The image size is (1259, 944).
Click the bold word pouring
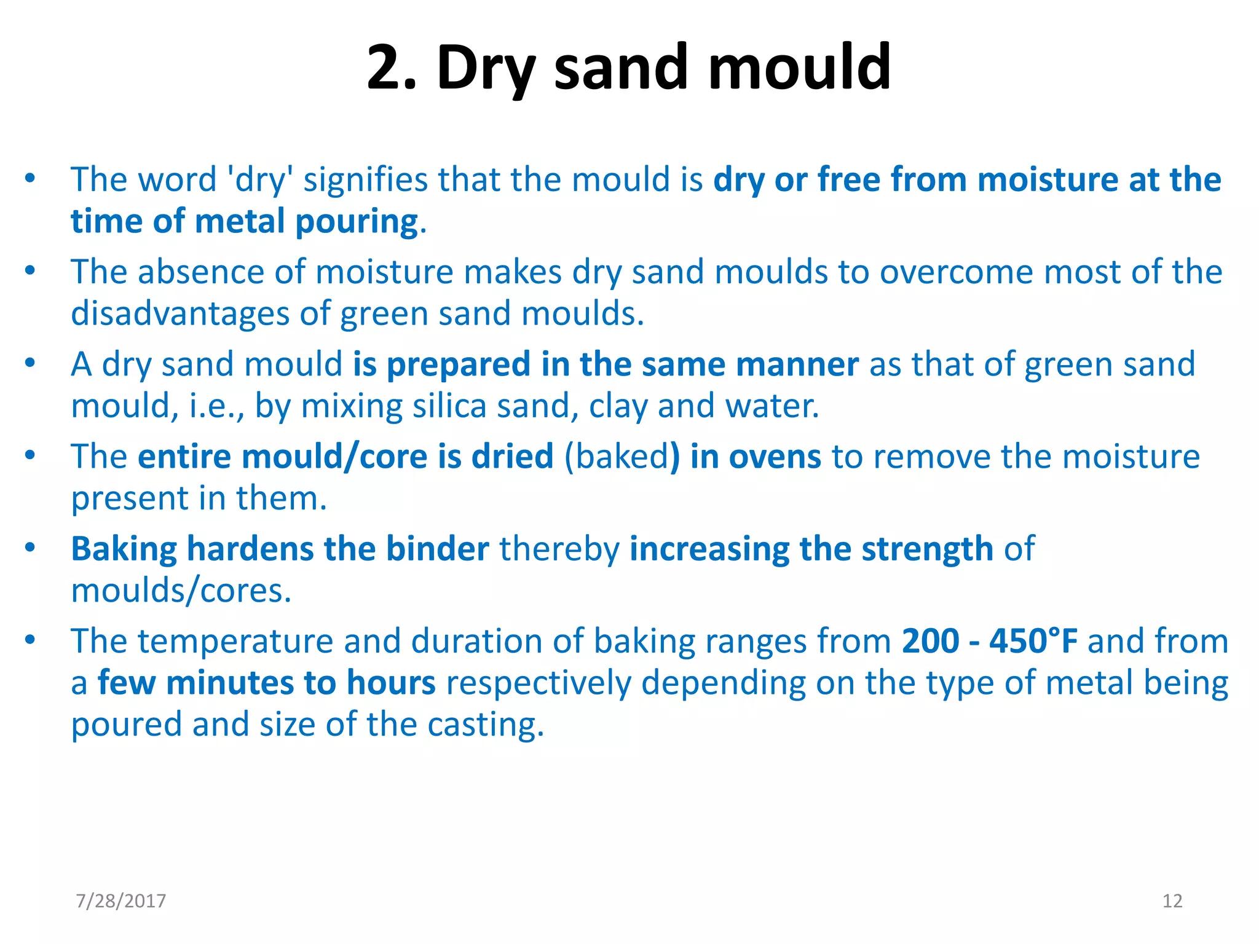[x=357, y=222]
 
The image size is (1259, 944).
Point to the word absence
[x=200, y=272]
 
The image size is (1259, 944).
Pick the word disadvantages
[x=180, y=314]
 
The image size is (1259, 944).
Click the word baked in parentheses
[x=617, y=457]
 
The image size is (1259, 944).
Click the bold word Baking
[x=124, y=549]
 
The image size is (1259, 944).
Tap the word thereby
[x=559, y=549]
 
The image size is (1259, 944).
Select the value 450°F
[x=1033, y=642]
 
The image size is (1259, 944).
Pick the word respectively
[x=538, y=683]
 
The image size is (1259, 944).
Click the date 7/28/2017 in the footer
[x=121, y=901]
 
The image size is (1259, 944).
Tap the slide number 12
[x=1172, y=901]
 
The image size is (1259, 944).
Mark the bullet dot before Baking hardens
[x=30, y=548]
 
